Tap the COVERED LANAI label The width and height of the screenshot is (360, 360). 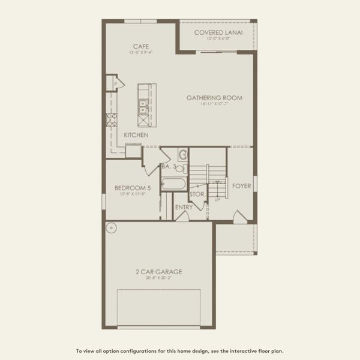218,33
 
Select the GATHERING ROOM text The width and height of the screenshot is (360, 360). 214,98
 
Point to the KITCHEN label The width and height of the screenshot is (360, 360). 136,135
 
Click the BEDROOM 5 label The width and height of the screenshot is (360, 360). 133,188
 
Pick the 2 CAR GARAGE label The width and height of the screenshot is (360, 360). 158,272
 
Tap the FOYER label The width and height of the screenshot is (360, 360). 242,186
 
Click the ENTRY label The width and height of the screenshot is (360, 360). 184,208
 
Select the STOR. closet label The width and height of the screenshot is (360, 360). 197,194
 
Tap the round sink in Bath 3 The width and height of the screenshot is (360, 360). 184,155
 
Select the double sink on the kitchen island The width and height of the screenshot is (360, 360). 143,107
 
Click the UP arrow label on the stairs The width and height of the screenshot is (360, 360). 217,200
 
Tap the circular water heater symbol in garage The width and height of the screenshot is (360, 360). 110,228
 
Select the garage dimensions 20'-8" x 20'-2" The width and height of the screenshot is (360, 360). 158,278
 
